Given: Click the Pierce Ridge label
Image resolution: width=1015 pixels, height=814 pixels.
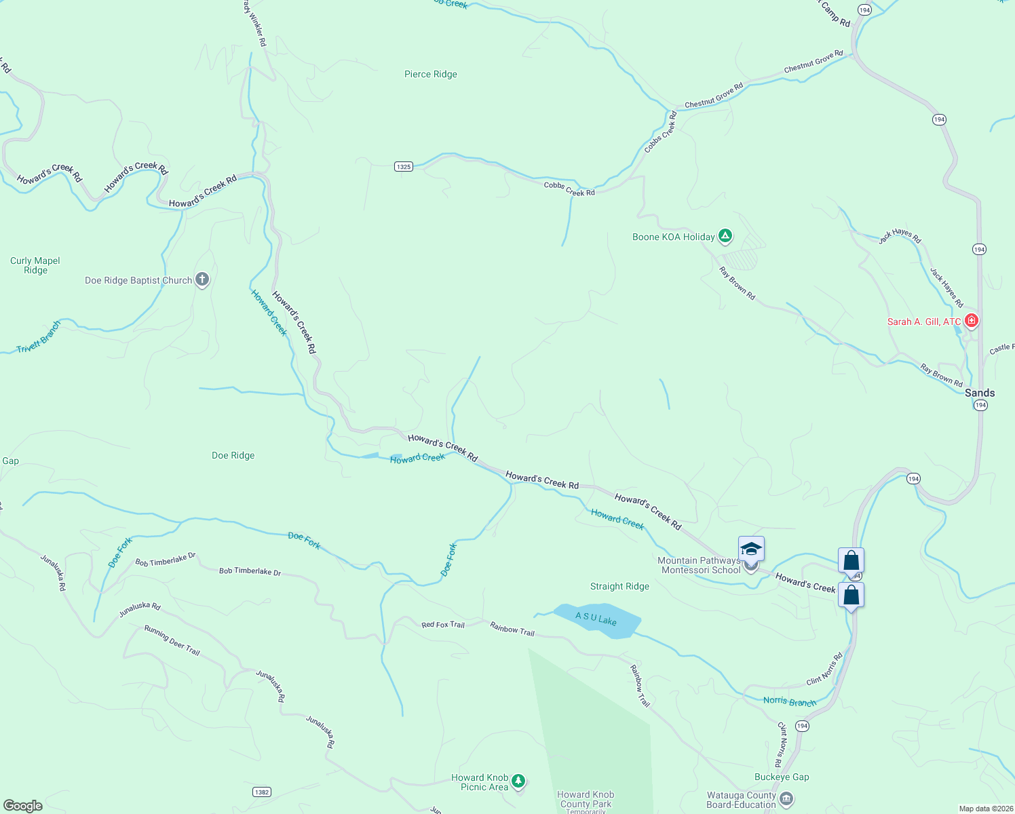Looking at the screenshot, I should [x=430, y=75].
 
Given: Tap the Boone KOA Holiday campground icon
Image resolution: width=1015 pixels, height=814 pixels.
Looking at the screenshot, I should [x=725, y=236].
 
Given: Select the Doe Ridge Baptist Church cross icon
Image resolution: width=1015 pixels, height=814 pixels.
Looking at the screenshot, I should [x=202, y=279].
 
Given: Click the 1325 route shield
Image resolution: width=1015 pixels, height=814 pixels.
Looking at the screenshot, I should [x=404, y=167].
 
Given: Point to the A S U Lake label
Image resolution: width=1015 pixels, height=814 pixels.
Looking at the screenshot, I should [x=596, y=619].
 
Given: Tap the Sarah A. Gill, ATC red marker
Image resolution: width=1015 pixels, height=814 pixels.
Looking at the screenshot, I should [x=972, y=320].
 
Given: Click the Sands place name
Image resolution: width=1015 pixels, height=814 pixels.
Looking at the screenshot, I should [x=979, y=393].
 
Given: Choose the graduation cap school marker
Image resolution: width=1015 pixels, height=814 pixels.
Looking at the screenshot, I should [x=751, y=548].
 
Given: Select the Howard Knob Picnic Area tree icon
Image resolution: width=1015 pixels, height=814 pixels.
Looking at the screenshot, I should [x=518, y=781].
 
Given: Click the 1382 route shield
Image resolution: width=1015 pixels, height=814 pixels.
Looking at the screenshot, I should [x=262, y=792].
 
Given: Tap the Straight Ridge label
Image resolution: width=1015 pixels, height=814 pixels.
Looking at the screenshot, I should [x=619, y=587].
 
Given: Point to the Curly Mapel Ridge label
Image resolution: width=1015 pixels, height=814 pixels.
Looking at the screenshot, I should [x=35, y=265].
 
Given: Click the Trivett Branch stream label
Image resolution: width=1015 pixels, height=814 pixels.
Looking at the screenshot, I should [x=39, y=337].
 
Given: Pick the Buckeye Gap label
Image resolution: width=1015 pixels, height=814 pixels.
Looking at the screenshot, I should [x=782, y=777].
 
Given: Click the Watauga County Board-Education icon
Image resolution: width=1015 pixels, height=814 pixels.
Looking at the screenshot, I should [x=786, y=798].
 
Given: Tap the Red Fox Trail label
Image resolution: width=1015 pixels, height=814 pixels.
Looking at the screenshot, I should [x=442, y=625].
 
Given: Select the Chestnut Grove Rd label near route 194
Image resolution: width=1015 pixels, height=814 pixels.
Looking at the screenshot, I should [x=813, y=62].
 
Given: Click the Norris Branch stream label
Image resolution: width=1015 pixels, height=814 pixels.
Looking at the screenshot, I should [x=789, y=702].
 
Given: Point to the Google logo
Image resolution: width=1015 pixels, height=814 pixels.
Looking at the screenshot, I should [x=23, y=805].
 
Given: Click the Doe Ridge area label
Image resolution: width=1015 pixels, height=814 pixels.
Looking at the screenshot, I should [x=233, y=456].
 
